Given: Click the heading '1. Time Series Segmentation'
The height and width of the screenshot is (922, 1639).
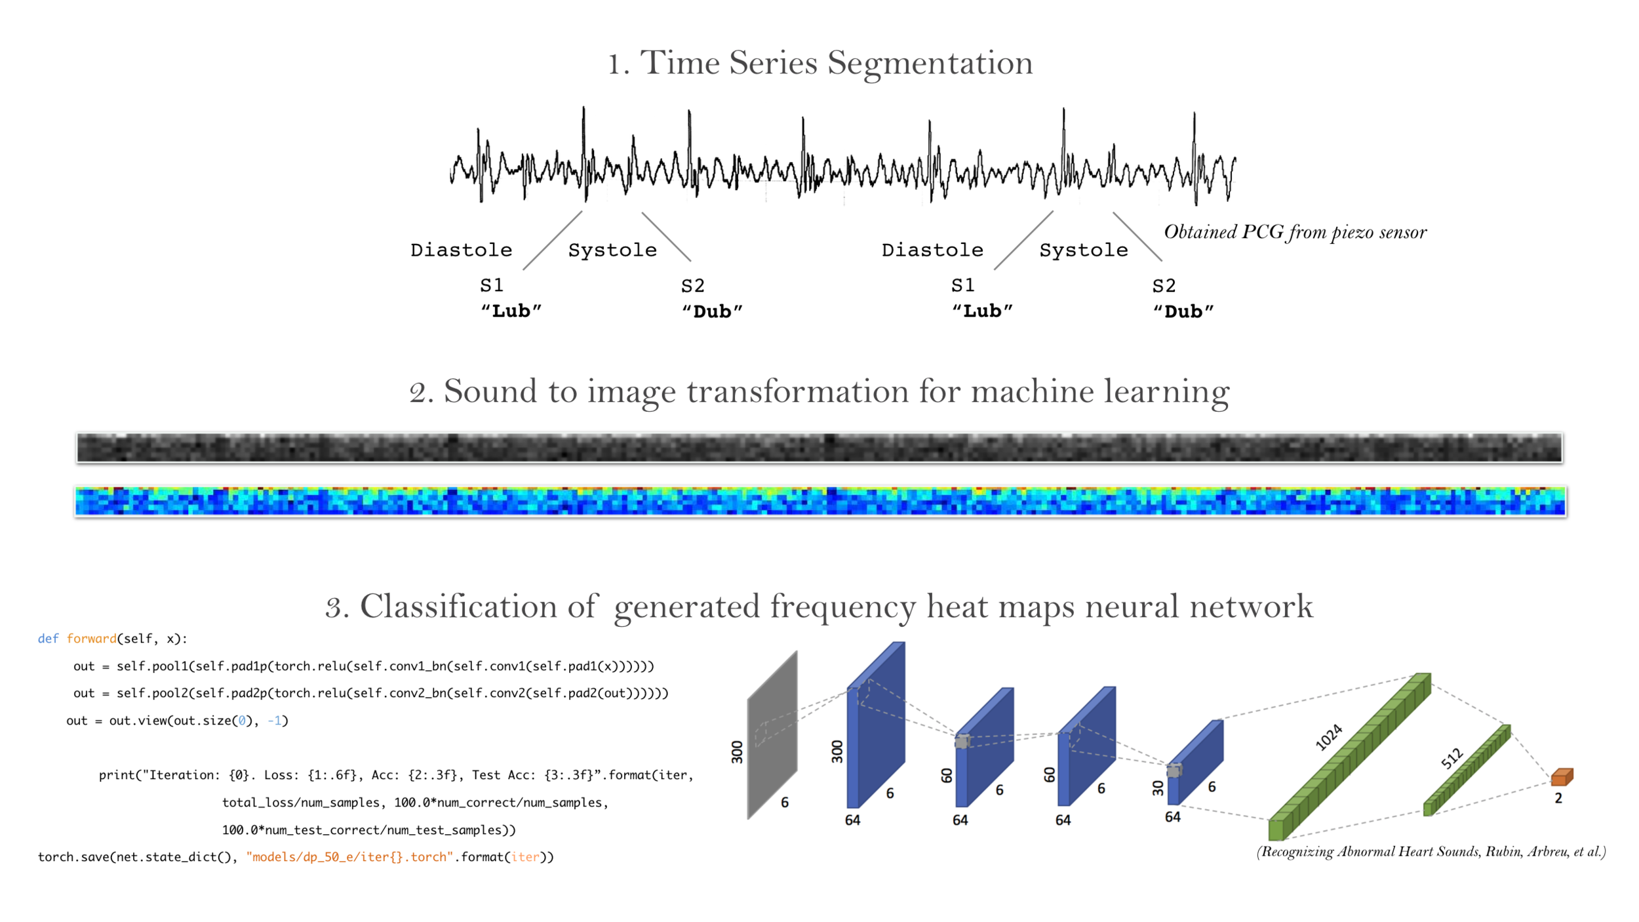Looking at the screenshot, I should tap(819, 64).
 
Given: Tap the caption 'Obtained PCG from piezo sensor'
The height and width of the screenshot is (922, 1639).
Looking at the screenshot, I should tap(1295, 232).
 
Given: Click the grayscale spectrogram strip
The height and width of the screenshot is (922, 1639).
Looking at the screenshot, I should tap(819, 448).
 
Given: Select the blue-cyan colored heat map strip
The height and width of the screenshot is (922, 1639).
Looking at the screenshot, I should tap(819, 502).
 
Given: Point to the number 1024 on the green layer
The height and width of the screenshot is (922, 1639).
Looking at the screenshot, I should tap(1329, 737).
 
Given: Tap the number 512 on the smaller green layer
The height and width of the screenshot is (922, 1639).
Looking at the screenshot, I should tap(1451, 758).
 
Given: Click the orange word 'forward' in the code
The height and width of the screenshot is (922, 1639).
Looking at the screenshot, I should tap(91, 639).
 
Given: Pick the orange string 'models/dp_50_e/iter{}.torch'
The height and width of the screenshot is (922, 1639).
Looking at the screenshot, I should tap(349, 857).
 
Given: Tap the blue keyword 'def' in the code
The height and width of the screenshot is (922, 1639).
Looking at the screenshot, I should tap(48, 639).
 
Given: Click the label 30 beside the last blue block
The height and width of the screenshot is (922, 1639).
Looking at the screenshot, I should tap(1158, 788).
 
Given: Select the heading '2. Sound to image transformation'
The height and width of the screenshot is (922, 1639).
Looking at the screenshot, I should tap(819, 391).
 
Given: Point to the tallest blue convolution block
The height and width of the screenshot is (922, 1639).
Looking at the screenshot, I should tap(876, 725).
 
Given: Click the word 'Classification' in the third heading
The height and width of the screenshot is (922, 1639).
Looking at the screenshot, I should tap(479, 607).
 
